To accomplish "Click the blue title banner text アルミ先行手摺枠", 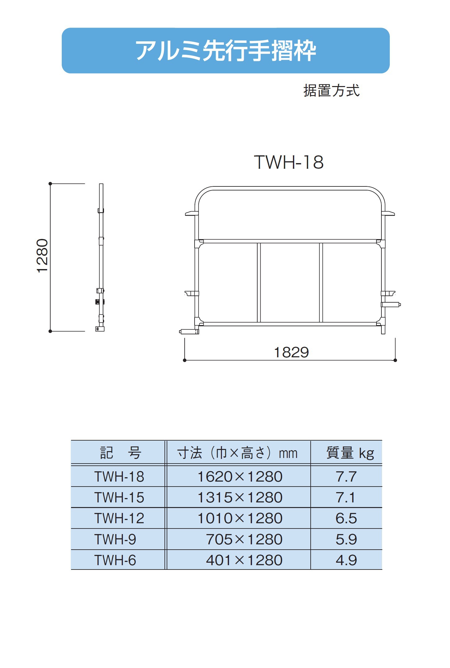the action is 226,51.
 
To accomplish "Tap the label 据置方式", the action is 331,91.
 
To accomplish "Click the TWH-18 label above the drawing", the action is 289,162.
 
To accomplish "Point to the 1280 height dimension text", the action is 42,256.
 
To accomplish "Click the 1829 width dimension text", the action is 291,352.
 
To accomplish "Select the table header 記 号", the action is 120,453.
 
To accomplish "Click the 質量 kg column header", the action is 350,453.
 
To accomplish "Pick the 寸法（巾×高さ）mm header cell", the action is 237,453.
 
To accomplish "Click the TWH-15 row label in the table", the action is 119,497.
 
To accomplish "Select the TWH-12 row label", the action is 119,518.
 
